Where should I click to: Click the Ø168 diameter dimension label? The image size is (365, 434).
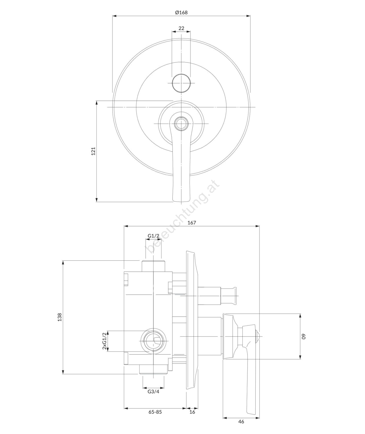tap(181, 12)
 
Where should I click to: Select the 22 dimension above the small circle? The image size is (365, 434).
tap(181, 28)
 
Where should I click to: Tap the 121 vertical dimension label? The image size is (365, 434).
tap(93, 151)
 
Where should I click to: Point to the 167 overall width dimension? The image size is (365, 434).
tap(191, 223)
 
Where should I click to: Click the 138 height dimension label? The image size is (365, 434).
tap(60, 317)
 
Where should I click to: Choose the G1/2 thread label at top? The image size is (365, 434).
tap(154, 236)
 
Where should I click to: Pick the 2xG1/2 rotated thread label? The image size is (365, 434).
tap(104, 341)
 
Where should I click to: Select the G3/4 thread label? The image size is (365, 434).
tap(154, 392)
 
